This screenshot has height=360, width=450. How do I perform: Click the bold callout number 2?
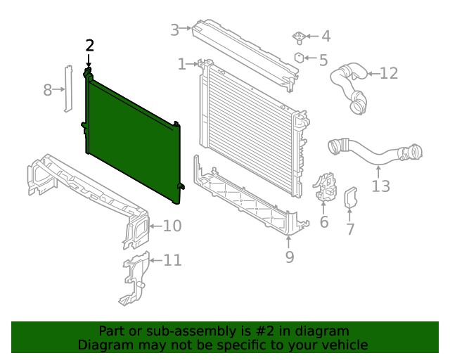point(89,46)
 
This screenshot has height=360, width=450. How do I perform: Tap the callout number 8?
point(48,90)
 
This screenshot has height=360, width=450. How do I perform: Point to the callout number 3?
point(175,30)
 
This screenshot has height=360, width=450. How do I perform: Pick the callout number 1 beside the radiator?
point(182,65)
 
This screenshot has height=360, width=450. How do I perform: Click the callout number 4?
point(326,37)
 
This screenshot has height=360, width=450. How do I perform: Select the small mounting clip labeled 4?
point(298,36)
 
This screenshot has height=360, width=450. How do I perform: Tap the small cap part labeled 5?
point(299,58)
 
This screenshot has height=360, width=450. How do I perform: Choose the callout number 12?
point(389,73)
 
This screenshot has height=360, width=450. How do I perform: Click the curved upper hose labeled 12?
point(352,84)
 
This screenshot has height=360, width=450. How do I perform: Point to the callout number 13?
point(380,186)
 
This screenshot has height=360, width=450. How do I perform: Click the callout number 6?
point(323,223)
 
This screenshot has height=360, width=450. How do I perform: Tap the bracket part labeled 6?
point(325,188)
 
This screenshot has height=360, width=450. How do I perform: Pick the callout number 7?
point(350,229)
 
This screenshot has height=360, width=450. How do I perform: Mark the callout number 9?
point(290,257)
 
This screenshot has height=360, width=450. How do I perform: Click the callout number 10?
point(172,226)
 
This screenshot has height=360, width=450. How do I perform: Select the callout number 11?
point(172,260)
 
